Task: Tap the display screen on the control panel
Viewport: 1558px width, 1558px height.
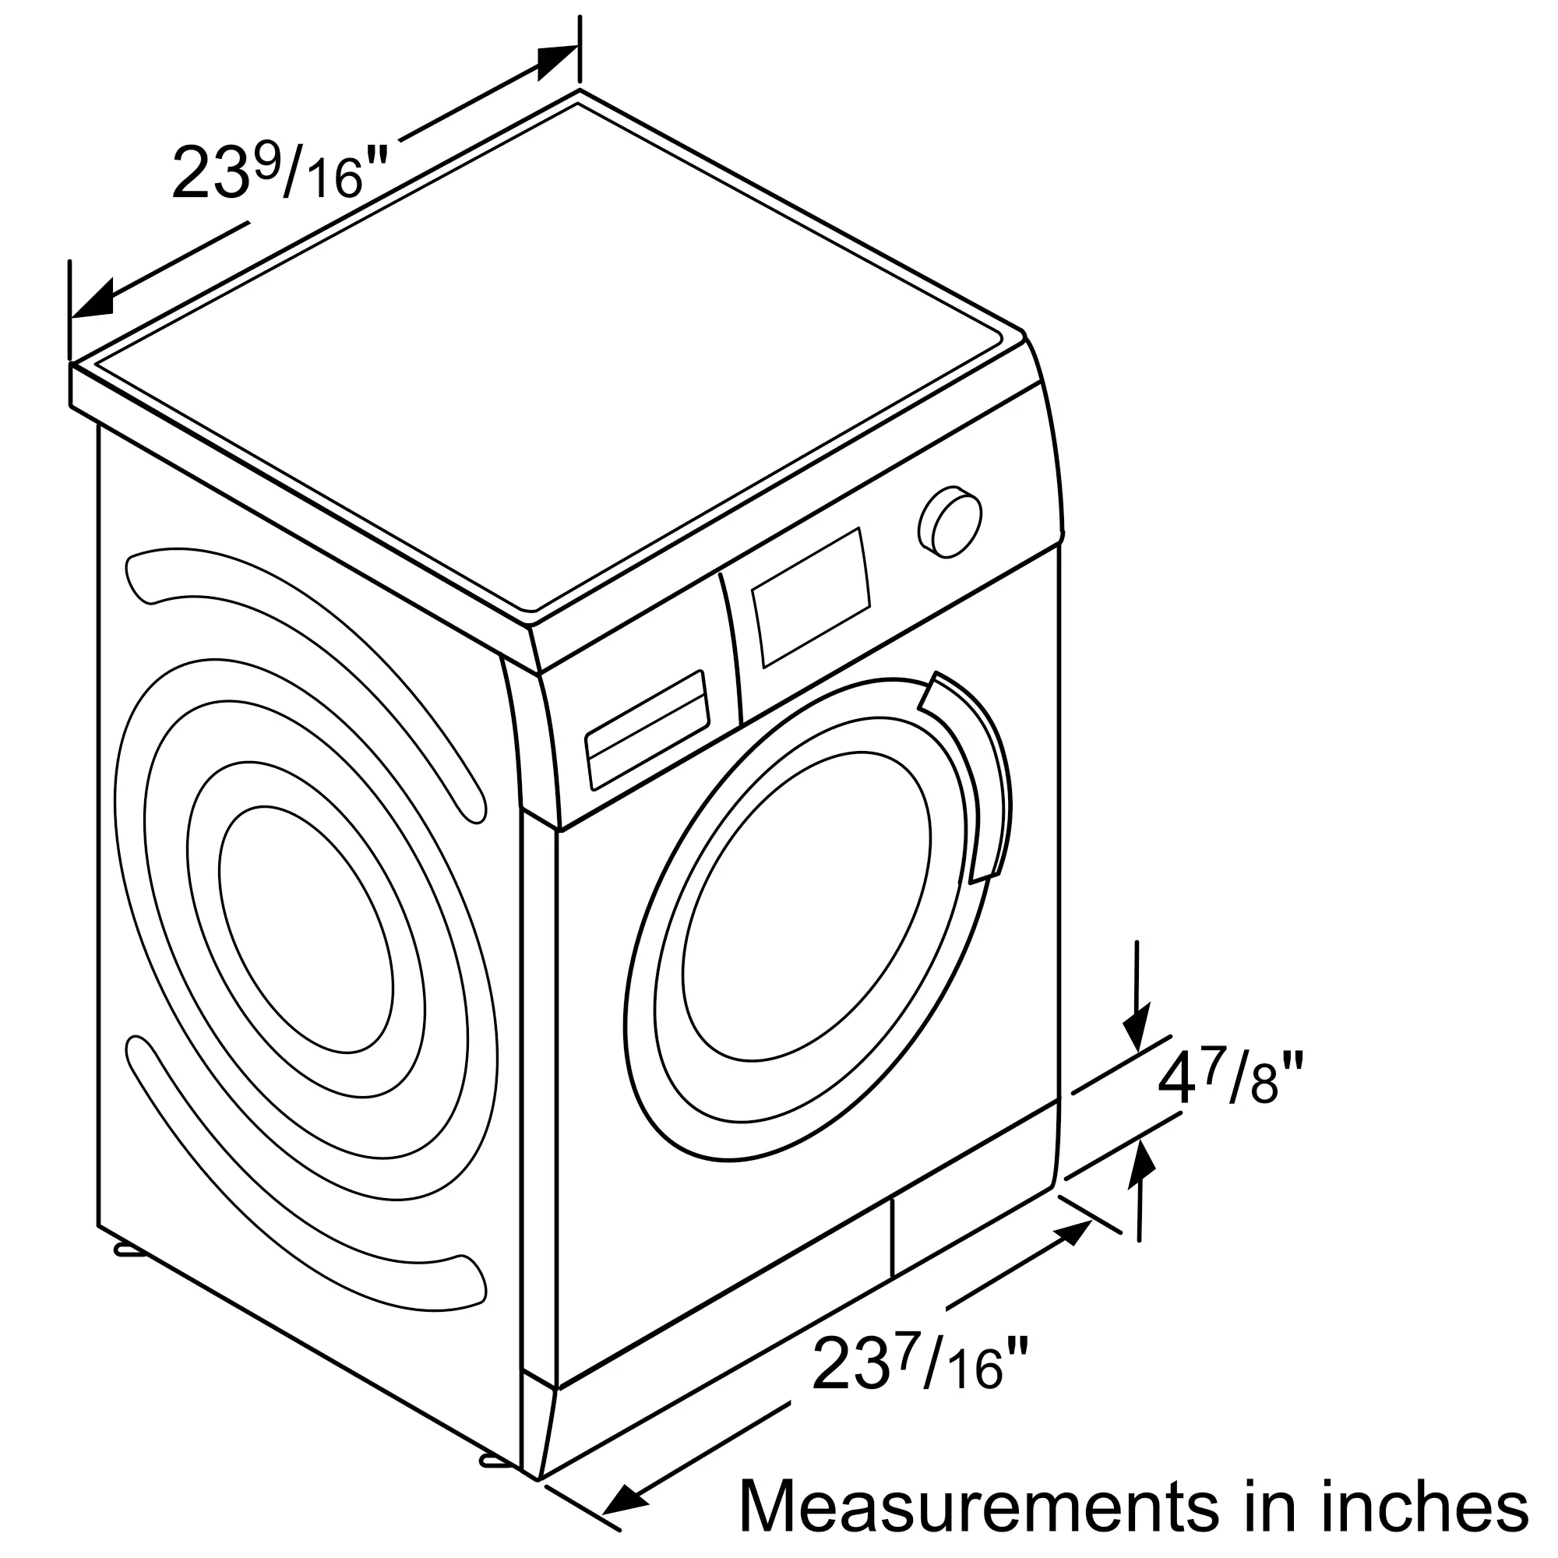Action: [811, 597]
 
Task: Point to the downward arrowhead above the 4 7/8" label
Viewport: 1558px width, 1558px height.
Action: [1137, 1029]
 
